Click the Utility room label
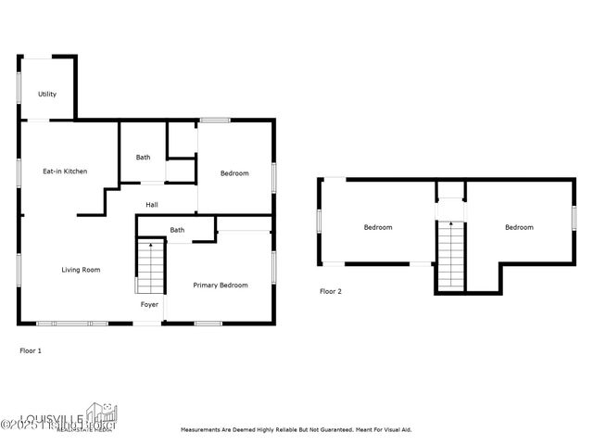pos(47,95)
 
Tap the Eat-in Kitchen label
pos(65,172)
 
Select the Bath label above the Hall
pos(143,158)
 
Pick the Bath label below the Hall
pos(176,230)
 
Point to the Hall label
pos(152,204)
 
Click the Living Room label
pos(81,270)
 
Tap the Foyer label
pos(149,304)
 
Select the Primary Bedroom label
pos(220,286)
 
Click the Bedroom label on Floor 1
pos(233,173)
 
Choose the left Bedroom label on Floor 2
pos(377,227)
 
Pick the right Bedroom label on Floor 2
pos(519,227)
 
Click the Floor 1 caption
pos(31,350)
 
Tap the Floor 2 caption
pos(331,291)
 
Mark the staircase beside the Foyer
pos(150,267)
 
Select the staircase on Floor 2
pos(450,255)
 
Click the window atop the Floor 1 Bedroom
pos(215,120)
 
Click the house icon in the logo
pos(100,413)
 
